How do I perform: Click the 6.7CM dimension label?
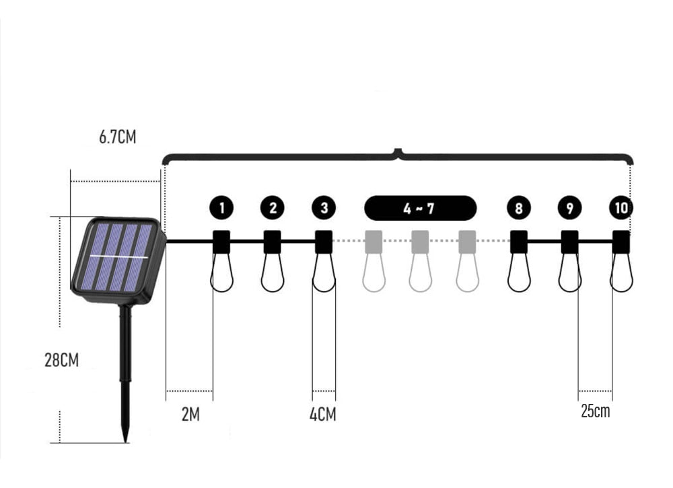117,137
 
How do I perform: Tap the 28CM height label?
62,359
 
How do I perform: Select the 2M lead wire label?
190,415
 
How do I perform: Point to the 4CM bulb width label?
323,415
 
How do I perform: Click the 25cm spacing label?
596,411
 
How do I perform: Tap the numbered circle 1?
221,208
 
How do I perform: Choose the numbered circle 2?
273,208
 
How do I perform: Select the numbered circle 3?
324,208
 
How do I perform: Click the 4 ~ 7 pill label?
420,208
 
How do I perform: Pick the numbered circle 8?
518,208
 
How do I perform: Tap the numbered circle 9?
570,208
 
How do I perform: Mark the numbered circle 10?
621,208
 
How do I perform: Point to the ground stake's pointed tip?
126,442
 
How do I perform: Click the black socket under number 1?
221,242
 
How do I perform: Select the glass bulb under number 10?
621,273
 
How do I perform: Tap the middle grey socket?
420,242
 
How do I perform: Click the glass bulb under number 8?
519,273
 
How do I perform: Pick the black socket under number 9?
570,242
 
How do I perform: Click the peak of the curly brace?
398,150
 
